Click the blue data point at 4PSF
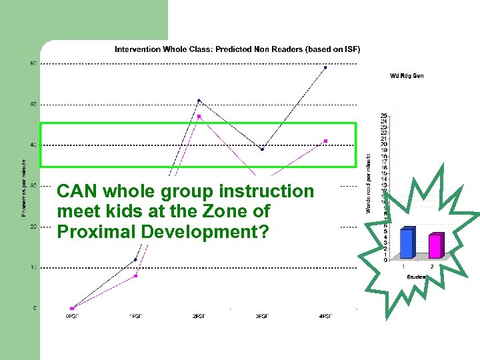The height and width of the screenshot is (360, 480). [x=325, y=67]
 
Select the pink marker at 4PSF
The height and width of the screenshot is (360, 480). [x=325, y=141]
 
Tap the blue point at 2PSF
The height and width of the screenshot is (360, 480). [x=199, y=101]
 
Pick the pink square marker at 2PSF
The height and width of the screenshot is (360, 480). [x=199, y=117]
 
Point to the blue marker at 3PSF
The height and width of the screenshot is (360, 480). [x=262, y=149]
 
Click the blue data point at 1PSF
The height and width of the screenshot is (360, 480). [x=135, y=259]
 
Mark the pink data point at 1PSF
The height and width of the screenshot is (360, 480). [x=135, y=275]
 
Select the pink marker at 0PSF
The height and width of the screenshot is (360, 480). [x=72, y=308]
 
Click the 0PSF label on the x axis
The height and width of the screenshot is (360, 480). [x=71, y=316]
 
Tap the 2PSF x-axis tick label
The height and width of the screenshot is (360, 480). [x=199, y=316]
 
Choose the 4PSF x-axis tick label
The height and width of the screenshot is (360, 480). [x=325, y=316]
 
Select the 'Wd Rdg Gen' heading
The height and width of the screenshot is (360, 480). [x=406, y=76]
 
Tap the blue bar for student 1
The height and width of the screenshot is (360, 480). [x=406, y=243]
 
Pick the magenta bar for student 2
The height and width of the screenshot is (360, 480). [x=434, y=246]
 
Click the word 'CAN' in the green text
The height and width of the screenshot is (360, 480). [x=74, y=191]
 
